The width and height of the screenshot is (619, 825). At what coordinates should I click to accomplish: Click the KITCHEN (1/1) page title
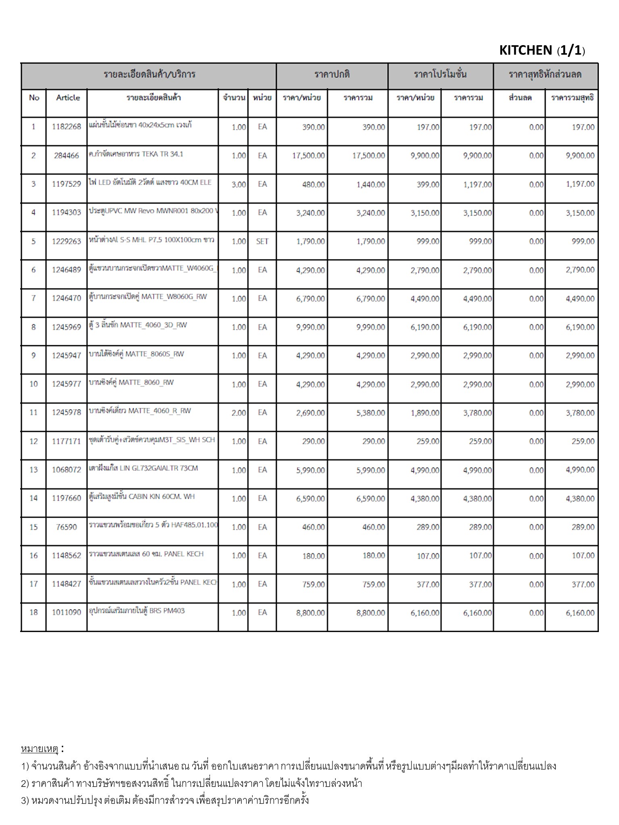(542, 50)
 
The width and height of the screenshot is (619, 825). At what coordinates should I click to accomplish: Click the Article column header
(68, 98)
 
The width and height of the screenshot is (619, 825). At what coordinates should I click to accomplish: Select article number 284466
(66, 155)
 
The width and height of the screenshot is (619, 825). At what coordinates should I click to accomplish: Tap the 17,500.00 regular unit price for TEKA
(308, 156)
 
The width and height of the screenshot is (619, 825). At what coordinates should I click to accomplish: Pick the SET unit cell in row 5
(262, 241)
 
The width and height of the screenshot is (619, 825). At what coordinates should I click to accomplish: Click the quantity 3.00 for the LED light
(239, 184)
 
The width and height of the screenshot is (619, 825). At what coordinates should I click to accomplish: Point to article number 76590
(66, 527)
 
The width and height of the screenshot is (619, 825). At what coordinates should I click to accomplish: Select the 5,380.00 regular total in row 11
(370, 413)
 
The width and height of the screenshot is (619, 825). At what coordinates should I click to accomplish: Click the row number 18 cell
(33, 612)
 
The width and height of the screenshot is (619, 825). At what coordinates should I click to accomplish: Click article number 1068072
(66, 470)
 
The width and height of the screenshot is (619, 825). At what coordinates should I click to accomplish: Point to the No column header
(34, 98)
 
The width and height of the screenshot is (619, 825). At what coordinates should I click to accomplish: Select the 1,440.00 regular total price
(370, 184)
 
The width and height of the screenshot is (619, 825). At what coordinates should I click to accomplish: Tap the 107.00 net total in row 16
(583, 556)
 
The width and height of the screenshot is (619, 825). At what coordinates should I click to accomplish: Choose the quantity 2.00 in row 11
(239, 413)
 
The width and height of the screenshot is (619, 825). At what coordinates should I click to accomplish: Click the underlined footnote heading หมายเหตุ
(39, 749)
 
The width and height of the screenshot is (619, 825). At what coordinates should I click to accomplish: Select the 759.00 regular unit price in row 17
(313, 584)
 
